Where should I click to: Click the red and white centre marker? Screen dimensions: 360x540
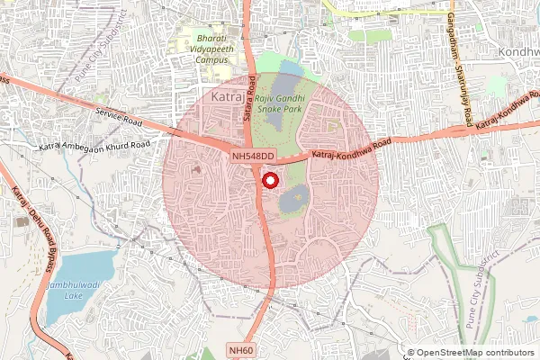pos(268,180)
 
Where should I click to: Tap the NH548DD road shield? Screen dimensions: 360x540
pos(252,157)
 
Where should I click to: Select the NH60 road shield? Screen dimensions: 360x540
pos(240,350)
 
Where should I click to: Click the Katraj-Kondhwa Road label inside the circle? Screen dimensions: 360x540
pos(351,149)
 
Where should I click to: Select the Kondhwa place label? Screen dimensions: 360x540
pos(517,53)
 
